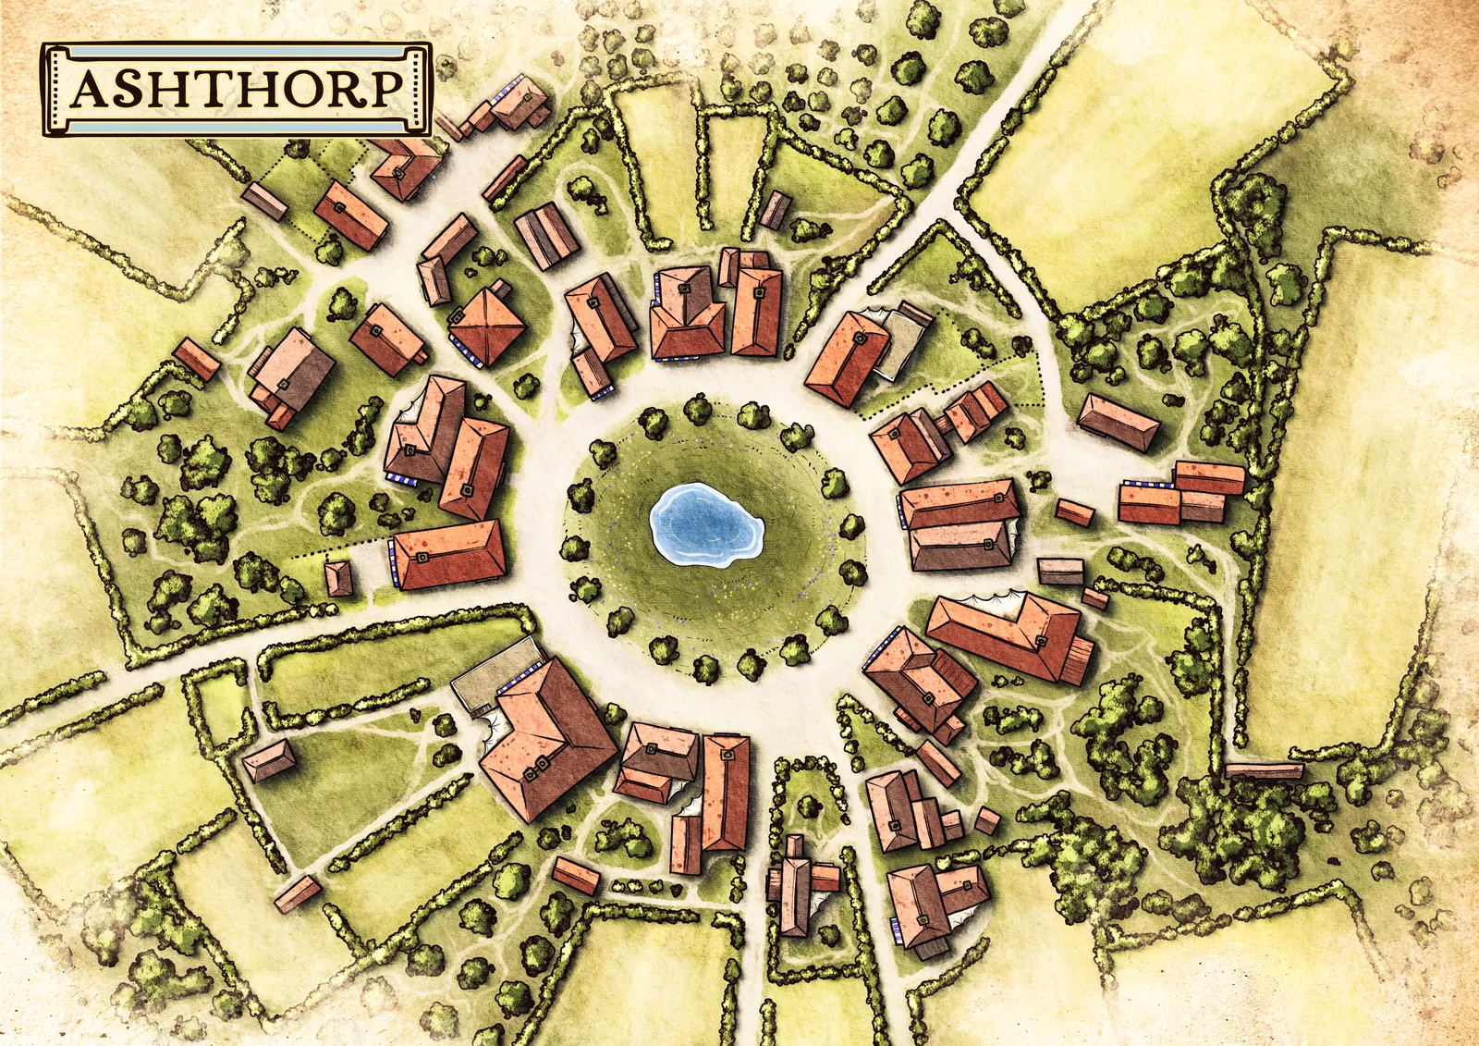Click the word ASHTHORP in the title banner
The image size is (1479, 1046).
237,89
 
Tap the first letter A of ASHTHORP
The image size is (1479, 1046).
90,90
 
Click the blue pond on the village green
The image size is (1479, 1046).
705,524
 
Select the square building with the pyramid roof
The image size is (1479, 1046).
487,326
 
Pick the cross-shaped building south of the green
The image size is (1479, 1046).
796,884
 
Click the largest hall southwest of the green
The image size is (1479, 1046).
547,740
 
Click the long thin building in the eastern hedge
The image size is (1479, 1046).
1264,769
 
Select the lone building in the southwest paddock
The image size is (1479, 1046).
269,761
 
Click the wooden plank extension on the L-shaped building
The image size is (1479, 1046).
1078,659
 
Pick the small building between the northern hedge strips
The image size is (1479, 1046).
776,210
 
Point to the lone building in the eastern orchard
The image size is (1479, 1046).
1118,422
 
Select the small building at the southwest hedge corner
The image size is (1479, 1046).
297,893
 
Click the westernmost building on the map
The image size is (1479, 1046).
196,359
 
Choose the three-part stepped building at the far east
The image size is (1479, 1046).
1183,492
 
